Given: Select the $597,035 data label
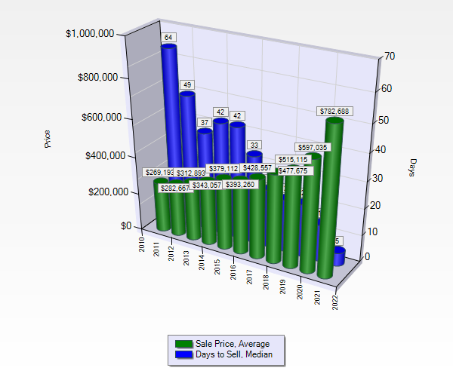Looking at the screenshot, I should pos(313,148).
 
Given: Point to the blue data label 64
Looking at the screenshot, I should pos(168,37).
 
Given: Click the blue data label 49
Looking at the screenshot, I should pos(186,84).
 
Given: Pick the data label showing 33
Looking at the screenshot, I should pos(255,145).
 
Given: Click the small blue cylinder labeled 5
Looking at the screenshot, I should pos(339,256).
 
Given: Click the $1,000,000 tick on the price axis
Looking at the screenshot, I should pos(90,33).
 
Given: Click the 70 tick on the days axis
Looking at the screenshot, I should pos(390,56).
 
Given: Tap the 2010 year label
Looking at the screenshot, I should pos(141,243).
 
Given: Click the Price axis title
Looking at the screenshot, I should pos(48,139).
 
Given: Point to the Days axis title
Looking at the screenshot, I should pos(413,167).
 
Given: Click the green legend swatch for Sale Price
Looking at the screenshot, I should pos(183,344).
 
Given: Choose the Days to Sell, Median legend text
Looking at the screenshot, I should pos(233,354).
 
